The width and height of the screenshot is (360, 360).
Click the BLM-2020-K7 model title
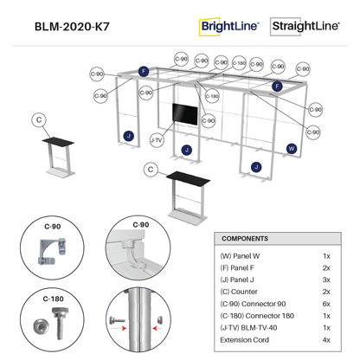tap(72, 27)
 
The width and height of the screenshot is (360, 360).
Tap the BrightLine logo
tap(228, 27)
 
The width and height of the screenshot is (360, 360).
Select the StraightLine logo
tap(305, 26)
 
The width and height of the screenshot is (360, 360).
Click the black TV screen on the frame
tap(185, 114)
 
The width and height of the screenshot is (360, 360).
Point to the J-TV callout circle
tap(157, 140)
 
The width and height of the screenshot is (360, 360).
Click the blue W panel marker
tap(292, 149)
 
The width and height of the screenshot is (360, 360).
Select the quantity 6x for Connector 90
tap(326, 304)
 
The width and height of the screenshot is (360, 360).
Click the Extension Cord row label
tap(244, 340)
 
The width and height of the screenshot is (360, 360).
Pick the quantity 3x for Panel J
tap(326, 280)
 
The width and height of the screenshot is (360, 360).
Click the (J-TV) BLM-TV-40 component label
tap(248, 328)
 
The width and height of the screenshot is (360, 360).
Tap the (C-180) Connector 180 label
tap(257, 316)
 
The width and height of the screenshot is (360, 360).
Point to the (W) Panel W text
tap(240, 256)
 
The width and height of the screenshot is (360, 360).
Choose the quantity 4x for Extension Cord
tap(326, 340)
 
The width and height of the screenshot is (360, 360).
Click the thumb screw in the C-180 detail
tap(60, 323)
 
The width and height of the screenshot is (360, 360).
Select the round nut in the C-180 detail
tap(41, 326)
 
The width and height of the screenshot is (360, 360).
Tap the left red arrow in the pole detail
tap(119, 328)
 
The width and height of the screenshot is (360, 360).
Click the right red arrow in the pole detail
tap(157, 328)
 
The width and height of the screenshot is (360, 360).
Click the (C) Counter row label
tap(239, 292)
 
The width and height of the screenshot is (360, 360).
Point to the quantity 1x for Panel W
tap(326, 256)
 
